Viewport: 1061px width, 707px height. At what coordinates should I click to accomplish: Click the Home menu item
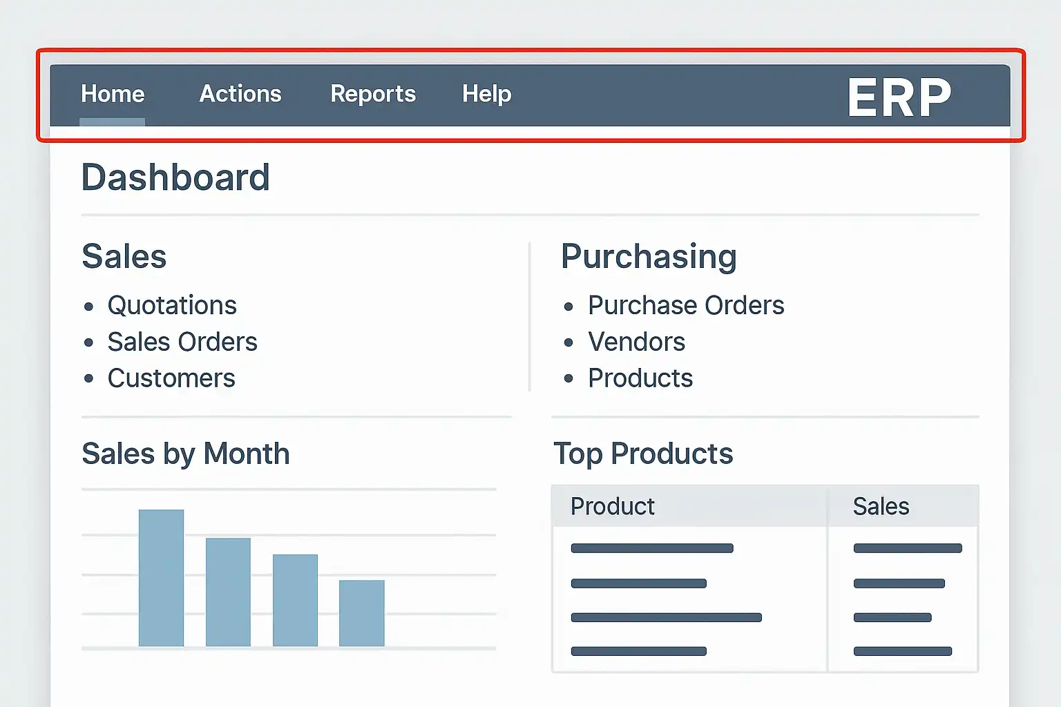click(113, 94)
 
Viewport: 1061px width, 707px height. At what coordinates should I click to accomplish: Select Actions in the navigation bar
click(240, 94)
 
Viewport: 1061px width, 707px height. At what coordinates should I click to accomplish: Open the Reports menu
click(373, 94)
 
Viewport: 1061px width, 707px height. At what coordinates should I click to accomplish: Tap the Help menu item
click(487, 94)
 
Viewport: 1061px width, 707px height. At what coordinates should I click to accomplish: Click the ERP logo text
click(899, 97)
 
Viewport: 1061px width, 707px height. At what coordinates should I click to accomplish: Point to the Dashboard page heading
click(175, 177)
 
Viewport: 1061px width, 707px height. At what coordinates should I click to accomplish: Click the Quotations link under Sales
click(172, 305)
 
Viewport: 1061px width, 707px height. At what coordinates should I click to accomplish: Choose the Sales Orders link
click(182, 342)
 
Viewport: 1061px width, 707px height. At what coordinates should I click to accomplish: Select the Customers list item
click(171, 378)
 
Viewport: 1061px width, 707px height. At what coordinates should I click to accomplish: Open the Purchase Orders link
click(686, 305)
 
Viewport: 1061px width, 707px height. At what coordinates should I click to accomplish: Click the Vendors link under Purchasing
click(636, 342)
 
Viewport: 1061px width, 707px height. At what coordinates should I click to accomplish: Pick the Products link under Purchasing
click(640, 378)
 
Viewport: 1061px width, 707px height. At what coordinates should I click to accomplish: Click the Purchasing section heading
click(649, 257)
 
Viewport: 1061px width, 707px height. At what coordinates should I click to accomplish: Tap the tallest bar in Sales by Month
click(161, 578)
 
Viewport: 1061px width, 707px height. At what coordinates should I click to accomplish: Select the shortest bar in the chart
click(361, 613)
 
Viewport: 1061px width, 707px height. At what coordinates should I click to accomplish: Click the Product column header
click(612, 507)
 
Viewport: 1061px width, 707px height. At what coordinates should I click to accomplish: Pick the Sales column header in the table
click(881, 507)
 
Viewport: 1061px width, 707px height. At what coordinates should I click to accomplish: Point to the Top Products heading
click(643, 454)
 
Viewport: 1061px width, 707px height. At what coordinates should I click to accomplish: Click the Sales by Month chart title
click(186, 454)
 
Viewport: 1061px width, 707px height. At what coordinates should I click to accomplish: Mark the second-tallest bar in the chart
click(228, 592)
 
